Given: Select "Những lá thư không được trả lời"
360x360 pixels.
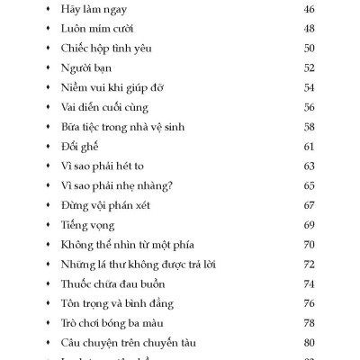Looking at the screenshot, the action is (x=138, y=264).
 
